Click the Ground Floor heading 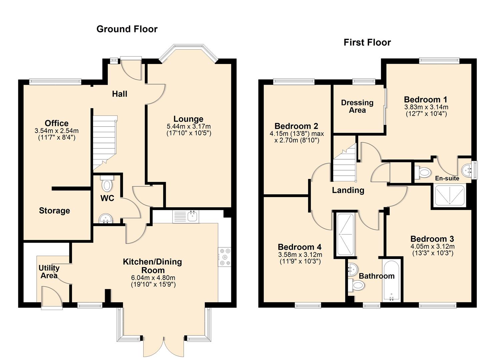(127, 29)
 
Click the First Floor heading (367, 42)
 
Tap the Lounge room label (188, 119)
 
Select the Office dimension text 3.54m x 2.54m (57, 131)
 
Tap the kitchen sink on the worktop (193, 216)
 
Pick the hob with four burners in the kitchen (224, 257)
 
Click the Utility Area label (49, 272)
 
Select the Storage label (54, 211)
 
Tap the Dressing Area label (357, 106)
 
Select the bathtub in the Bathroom (392, 280)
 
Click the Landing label (348, 190)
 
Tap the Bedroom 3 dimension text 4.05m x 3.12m (432, 247)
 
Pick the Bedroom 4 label (299, 247)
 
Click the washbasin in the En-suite (467, 170)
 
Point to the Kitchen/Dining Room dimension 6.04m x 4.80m (153, 278)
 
